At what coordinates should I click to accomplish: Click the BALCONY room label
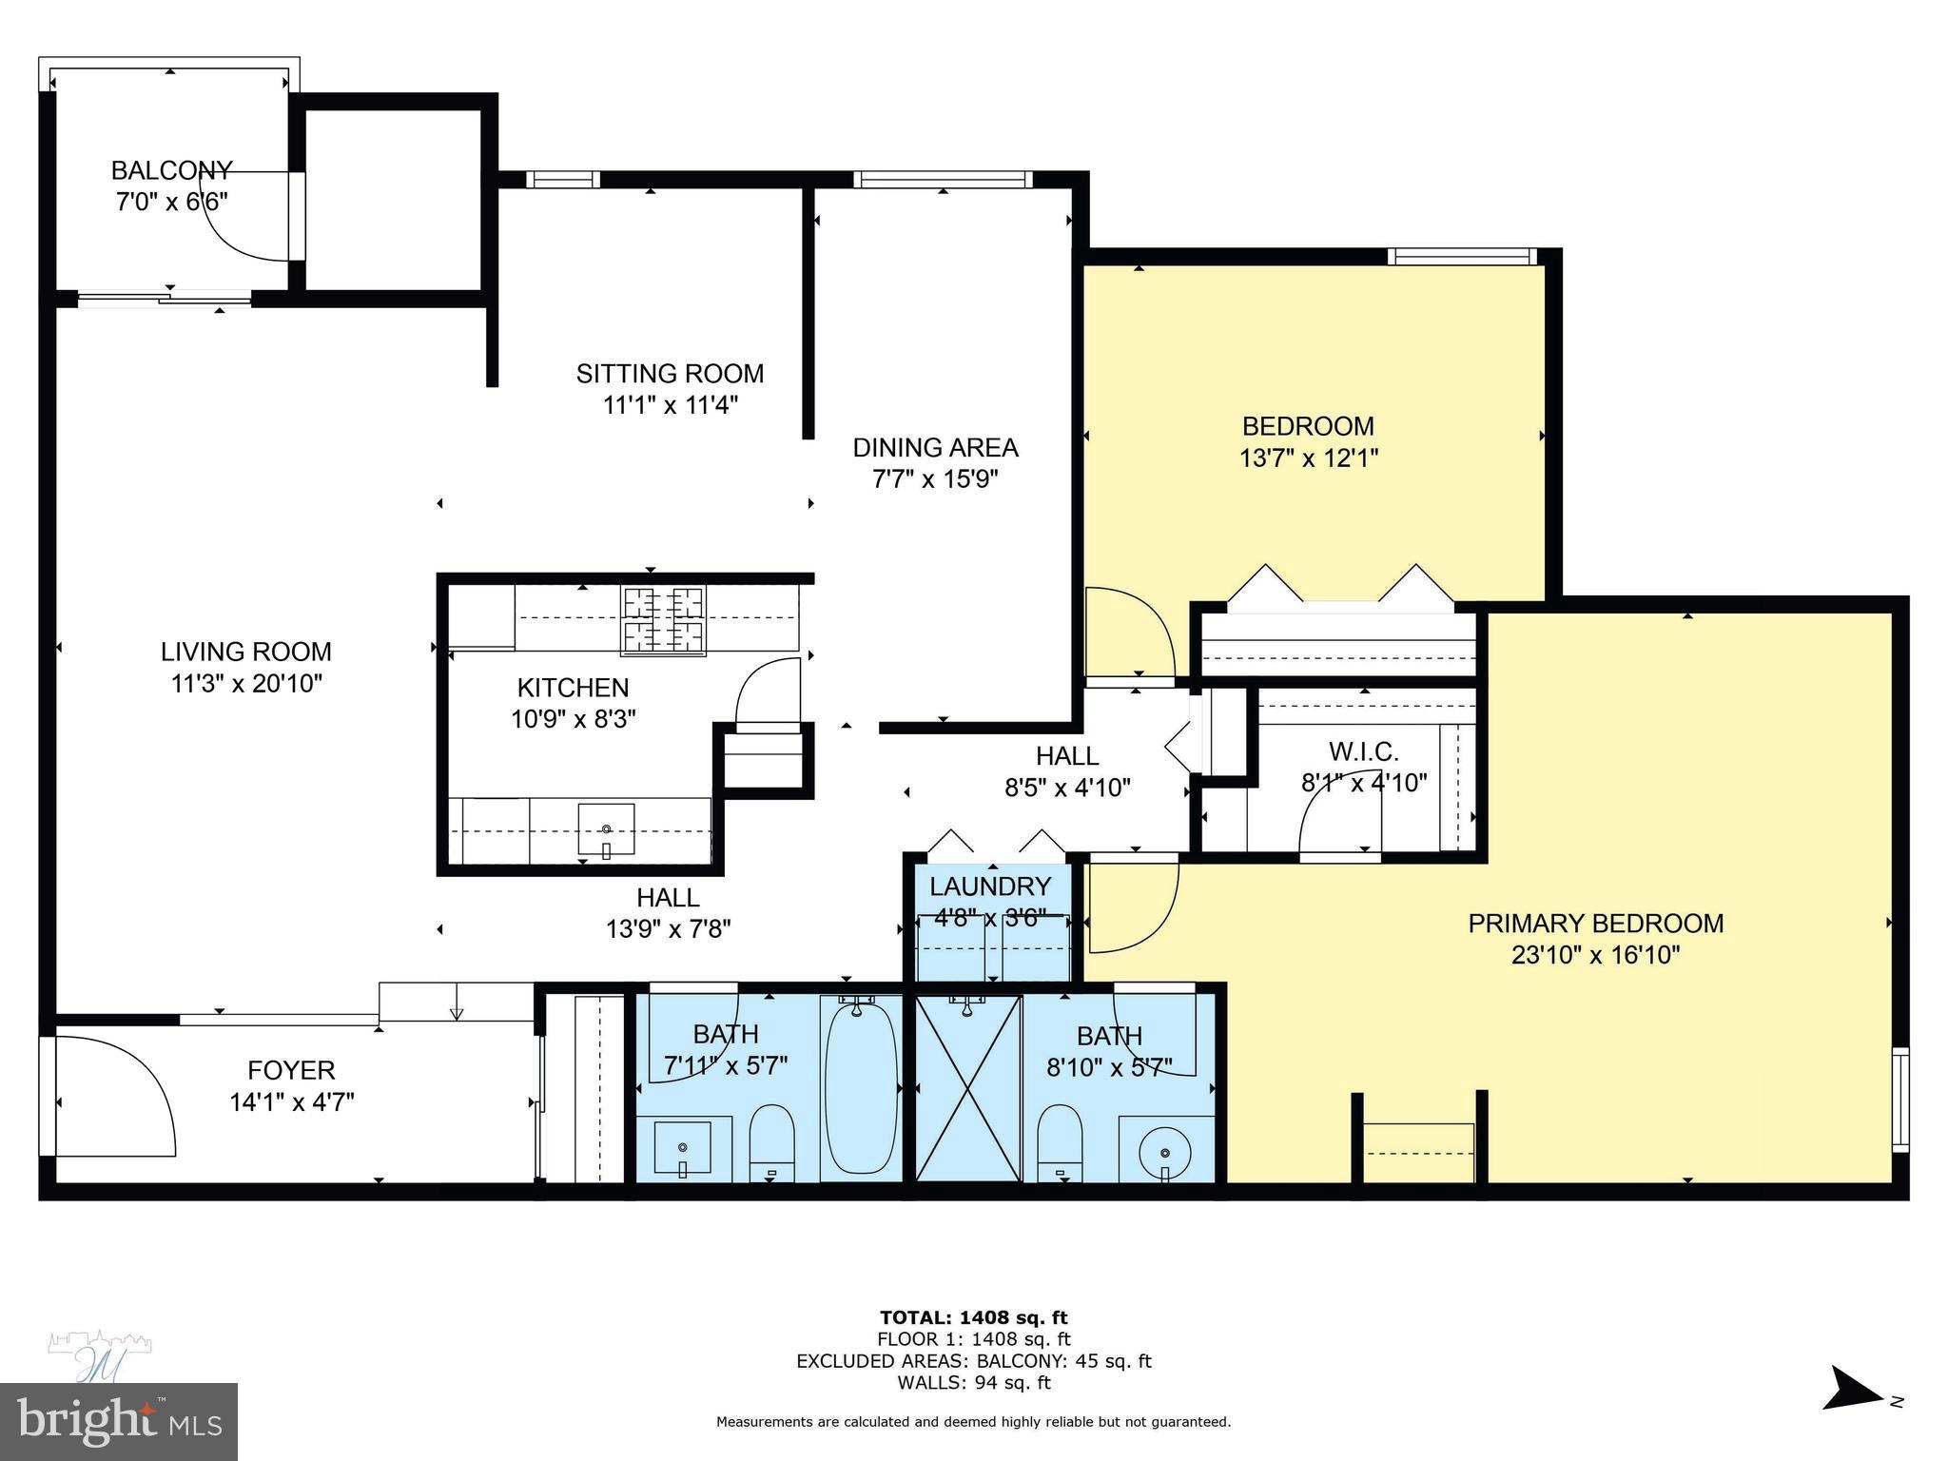[x=171, y=170]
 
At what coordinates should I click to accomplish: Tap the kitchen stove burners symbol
[x=663, y=620]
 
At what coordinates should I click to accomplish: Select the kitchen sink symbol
[x=606, y=829]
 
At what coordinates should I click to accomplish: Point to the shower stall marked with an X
[x=967, y=1088]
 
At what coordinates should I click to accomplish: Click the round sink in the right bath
[x=1166, y=1152]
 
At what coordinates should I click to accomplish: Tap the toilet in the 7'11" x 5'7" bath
[x=771, y=1140]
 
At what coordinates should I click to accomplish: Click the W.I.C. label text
[x=1363, y=751]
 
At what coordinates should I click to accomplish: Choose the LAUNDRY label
[x=989, y=886]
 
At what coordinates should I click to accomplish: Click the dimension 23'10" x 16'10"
[x=1595, y=955]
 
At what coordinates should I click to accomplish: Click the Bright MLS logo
[x=119, y=1422]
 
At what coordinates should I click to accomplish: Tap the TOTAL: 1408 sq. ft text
[x=973, y=1317]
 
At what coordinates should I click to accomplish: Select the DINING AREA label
[x=935, y=447]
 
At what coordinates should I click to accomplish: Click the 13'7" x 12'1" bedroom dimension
[x=1308, y=458]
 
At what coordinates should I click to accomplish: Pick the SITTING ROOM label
[x=670, y=373]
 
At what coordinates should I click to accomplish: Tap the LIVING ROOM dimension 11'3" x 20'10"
[x=246, y=683]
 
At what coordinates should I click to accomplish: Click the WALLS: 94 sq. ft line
[x=973, y=1383]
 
